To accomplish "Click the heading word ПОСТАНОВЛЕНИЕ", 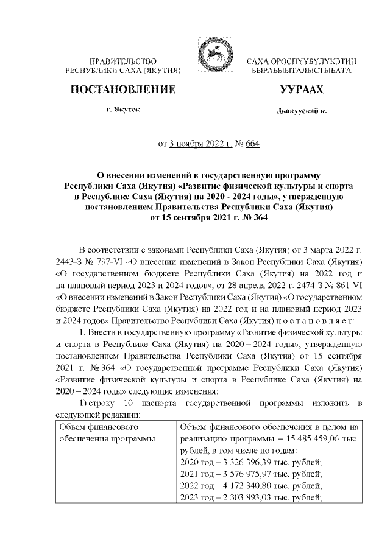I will click(x=124, y=90).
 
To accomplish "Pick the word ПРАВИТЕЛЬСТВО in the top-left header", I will click(x=124, y=63).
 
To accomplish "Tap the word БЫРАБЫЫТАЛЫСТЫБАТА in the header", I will click(x=301, y=72).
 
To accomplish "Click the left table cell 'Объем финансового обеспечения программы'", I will click(x=104, y=433).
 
